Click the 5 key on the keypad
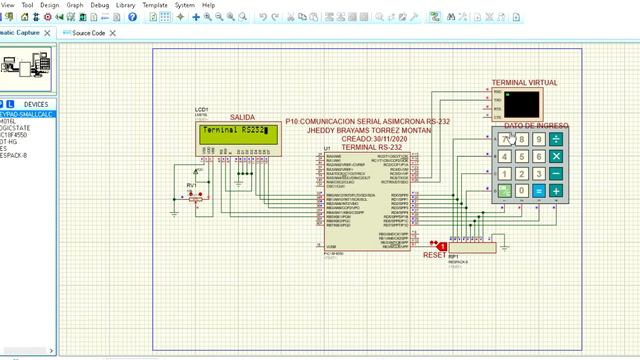(x=522, y=157)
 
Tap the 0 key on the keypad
(x=522, y=191)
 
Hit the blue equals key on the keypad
(x=539, y=191)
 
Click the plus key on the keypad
(x=556, y=191)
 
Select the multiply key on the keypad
(x=556, y=157)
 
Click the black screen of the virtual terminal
(x=521, y=104)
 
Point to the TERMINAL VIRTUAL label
(x=524, y=83)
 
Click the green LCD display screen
(x=234, y=132)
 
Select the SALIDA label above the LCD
(x=243, y=118)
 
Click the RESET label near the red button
(x=434, y=255)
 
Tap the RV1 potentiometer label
(x=192, y=185)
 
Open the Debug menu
(x=100, y=5)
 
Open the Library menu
(x=126, y=5)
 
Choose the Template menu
(x=155, y=5)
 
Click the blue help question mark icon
(x=132, y=17)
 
